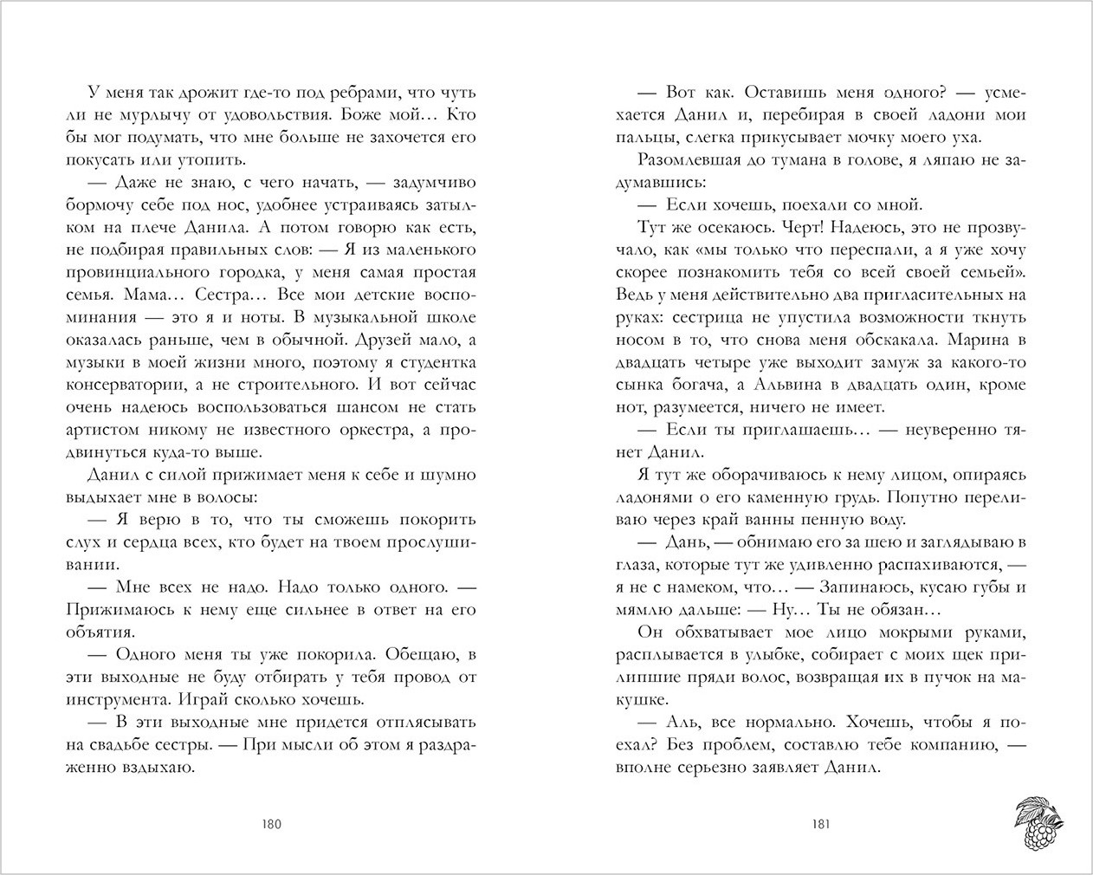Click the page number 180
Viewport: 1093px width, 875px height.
pos(271,824)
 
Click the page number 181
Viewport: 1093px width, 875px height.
pos(820,824)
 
